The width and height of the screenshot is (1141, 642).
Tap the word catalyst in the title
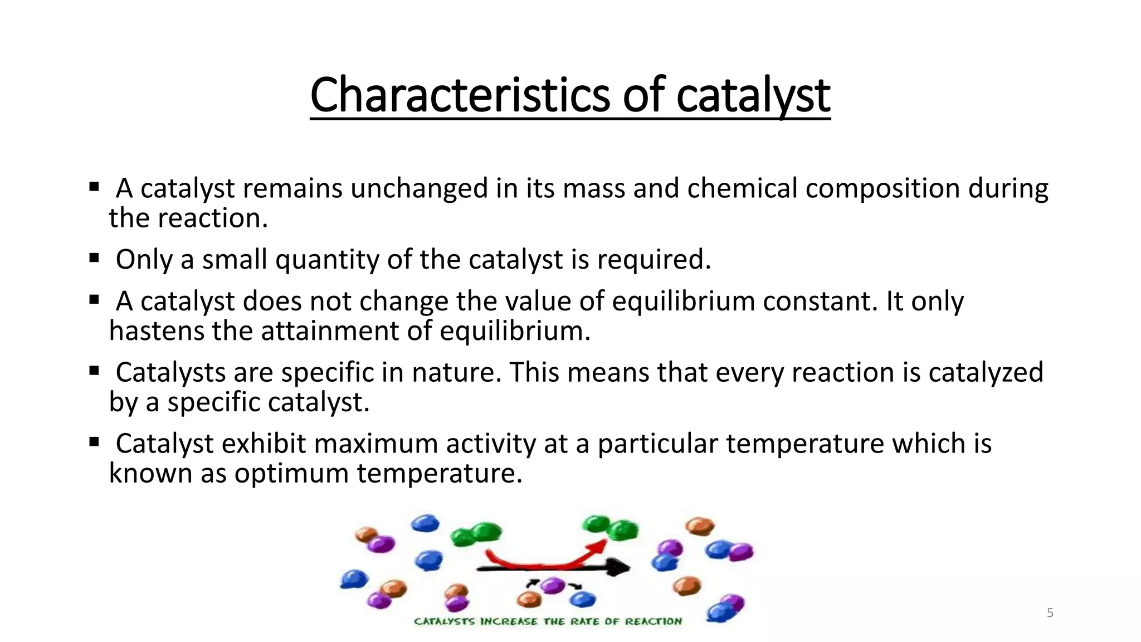(753, 96)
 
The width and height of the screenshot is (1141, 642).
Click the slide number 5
(1050, 613)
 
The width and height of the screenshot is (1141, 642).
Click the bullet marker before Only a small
(94, 258)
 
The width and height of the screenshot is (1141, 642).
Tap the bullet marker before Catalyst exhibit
(94, 442)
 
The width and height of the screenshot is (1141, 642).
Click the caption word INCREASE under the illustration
(509, 621)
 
